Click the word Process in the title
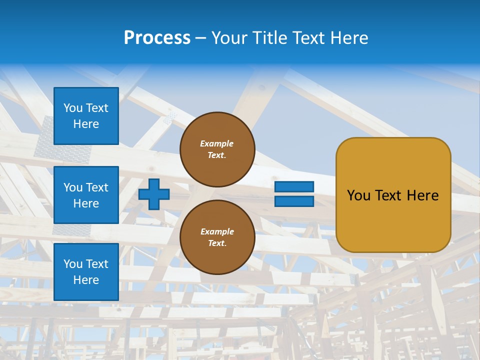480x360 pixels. pyautogui.click(x=157, y=38)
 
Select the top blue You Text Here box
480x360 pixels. pyautogui.click(x=86, y=116)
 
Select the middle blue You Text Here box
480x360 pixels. pyautogui.click(x=86, y=195)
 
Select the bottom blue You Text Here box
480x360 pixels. pyautogui.click(x=86, y=272)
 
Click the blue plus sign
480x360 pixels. pyautogui.click(x=154, y=194)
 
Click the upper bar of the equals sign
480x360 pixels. pyautogui.click(x=294, y=186)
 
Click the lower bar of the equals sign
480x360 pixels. pyautogui.click(x=294, y=201)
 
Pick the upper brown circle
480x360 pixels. pyautogui.click(x=217, y=149)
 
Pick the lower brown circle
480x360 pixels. pyautogui.click(x=217, y=237)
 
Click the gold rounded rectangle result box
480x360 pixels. pyautogui.click(x=393, y=194)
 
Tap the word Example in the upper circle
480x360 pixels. pyautogui.click(x=217, y=143)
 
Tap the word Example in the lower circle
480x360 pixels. pyautogui.click(x=217, y=231)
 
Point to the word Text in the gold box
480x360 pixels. pyautogui.click(x=388, y=195)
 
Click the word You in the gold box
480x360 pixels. pyautogui.click(x=358, y=195)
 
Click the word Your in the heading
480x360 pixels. pyautogui.click(x=228, y=38)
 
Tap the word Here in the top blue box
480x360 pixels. pyautogui.click(x=86, y=124)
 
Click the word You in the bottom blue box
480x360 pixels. pyautogui.click(x=72, y=264)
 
